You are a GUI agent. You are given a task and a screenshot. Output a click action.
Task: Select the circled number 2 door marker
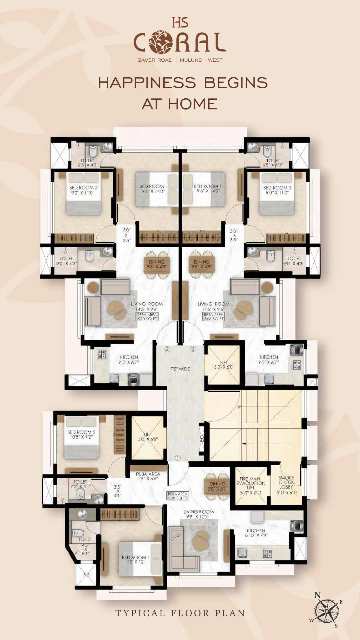coord(167,349)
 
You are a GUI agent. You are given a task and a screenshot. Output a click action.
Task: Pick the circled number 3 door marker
coord(193,349)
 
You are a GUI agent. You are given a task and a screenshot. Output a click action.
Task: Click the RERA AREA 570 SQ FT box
coord(147,317)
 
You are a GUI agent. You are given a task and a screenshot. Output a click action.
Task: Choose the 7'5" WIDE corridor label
coord(180,369)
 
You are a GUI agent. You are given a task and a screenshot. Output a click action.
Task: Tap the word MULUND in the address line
coord(191,60)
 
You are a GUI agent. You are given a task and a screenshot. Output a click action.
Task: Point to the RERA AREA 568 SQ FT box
coord(214,317)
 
